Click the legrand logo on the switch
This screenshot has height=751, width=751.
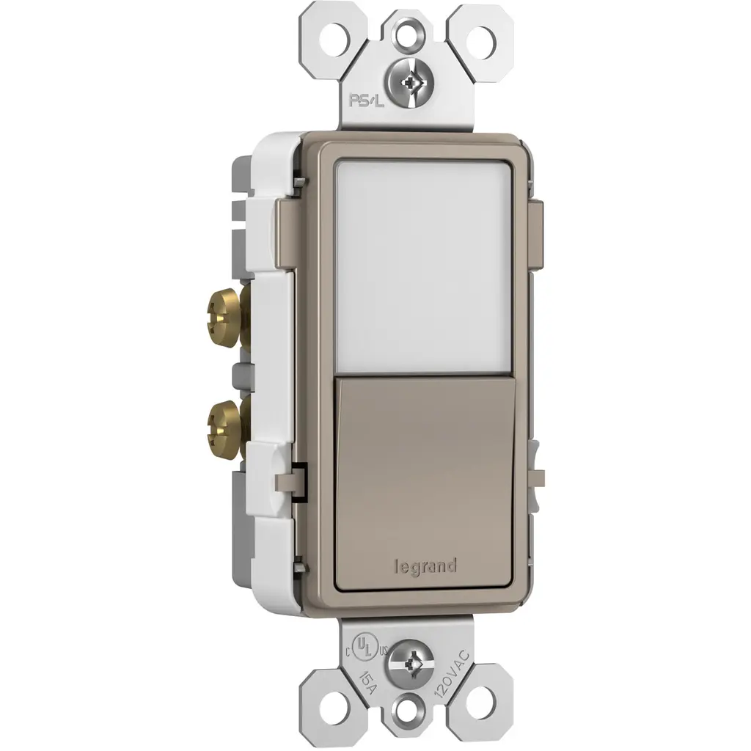pos(425,567)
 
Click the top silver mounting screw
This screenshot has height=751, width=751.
pos(409,84)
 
